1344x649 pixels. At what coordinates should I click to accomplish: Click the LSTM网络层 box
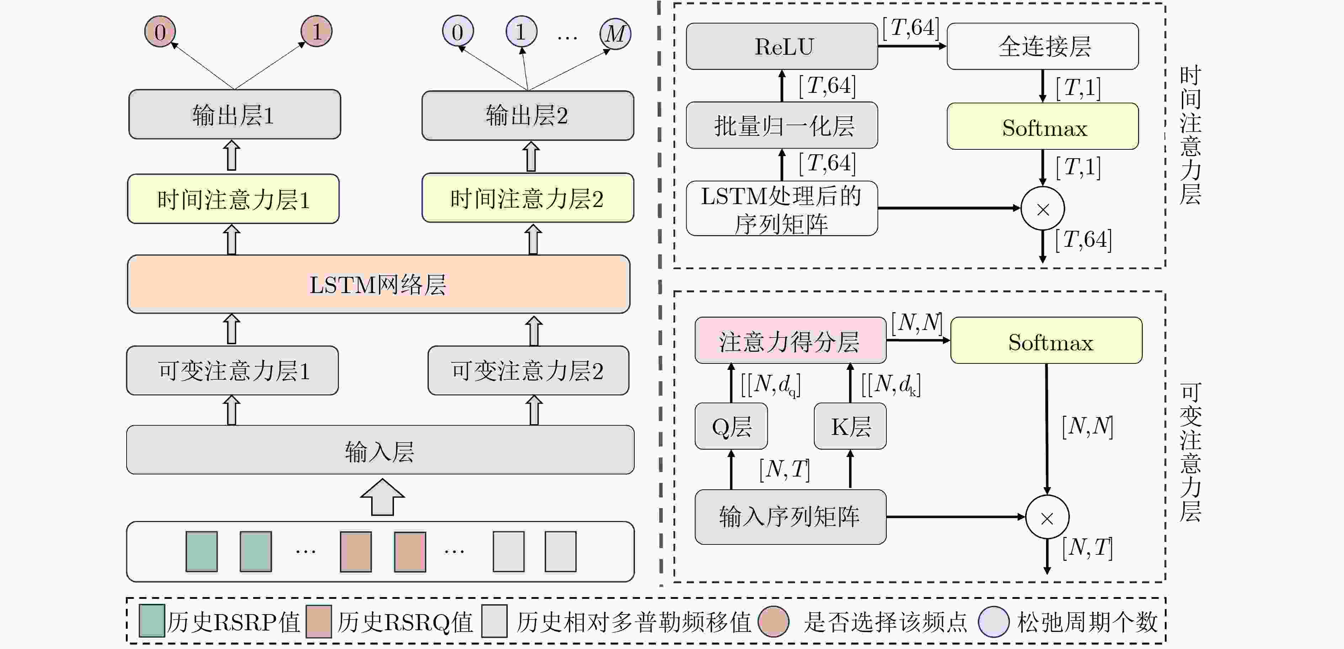tap(378, 284)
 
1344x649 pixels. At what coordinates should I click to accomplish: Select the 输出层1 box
tap(234, 114)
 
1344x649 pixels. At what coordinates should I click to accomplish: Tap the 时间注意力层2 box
tap(528, 198)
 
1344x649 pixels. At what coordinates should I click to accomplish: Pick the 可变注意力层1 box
tap(232, 371)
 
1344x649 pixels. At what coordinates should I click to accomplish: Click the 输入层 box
tap(380, 450)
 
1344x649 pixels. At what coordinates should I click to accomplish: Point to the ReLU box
tap(782, 47)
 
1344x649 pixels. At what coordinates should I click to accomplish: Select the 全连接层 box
tap(1042, 47)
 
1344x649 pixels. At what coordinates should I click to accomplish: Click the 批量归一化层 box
tap(782, 125)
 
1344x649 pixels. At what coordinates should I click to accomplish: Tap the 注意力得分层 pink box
tap(790, 341)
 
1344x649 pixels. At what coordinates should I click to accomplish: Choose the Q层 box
tap(731, 426)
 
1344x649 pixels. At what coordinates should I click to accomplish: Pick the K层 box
tap(850, 426)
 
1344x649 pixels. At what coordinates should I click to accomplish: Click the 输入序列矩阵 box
tap(790, 516)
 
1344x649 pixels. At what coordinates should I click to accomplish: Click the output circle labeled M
tap(615, 33)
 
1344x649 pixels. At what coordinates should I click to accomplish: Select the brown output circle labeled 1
tap(316, 31)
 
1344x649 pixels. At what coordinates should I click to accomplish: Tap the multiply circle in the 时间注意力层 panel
tap(1042, 209)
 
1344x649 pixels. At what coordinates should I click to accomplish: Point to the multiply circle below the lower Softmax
tap(1047, 517)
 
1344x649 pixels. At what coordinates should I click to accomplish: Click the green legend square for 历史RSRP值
tap(152, 621)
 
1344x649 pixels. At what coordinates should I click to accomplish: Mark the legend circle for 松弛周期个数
tap(993, 621)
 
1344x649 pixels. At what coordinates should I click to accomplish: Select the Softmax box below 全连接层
tap(1042, 126)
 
